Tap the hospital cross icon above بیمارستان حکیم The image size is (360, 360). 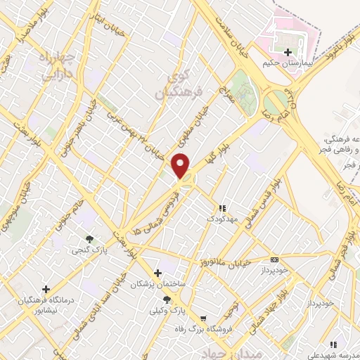click(287, 52)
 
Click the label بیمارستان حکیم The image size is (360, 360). click(287, 63)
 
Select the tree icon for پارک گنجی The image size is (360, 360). click(89, 239)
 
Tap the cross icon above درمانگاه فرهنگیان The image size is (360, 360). click(46, 288)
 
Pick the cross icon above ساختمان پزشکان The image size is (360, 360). click(157, 272)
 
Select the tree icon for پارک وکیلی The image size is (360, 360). click(167, 300)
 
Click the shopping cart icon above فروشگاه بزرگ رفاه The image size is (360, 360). click(203, 318)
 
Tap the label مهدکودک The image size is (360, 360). click(223, 219)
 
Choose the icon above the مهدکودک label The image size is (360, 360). click(223, 208)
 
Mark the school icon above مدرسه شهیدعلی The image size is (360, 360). click(334, 345)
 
